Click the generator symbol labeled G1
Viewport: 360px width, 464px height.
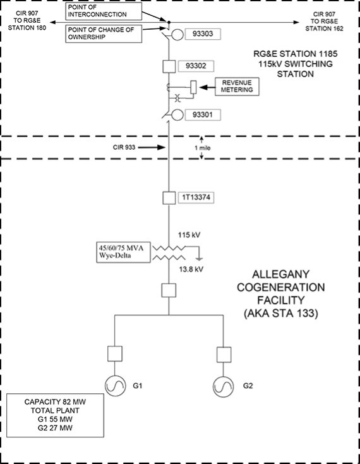point(115,386)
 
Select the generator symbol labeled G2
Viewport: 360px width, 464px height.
point(223,386)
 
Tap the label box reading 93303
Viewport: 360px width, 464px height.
point(203,34)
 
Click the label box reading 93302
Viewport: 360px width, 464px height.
point(196,66)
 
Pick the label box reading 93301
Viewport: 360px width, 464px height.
point(203,115)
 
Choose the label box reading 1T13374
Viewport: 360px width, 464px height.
point(196,198)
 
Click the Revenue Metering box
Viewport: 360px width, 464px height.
point(237,87)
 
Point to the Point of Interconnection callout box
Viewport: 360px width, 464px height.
point(104,11)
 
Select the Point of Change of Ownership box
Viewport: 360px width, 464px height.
point(104,34)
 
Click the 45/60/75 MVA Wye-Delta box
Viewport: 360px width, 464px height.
point(123,252)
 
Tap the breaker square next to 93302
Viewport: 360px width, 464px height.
point(169,66)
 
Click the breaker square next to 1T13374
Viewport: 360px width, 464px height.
point(169,198)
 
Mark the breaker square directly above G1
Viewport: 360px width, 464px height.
point(115,353)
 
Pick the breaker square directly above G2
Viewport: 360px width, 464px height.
point(224,355)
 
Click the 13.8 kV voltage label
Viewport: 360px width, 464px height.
point(191,269)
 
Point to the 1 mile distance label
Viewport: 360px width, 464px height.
point(203,148)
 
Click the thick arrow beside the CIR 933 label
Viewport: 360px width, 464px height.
point(152,147)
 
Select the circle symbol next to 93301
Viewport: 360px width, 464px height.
point(177,115)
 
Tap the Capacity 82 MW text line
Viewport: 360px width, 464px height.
point(55,402)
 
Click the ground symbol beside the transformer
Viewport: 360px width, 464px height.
point(200,259)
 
